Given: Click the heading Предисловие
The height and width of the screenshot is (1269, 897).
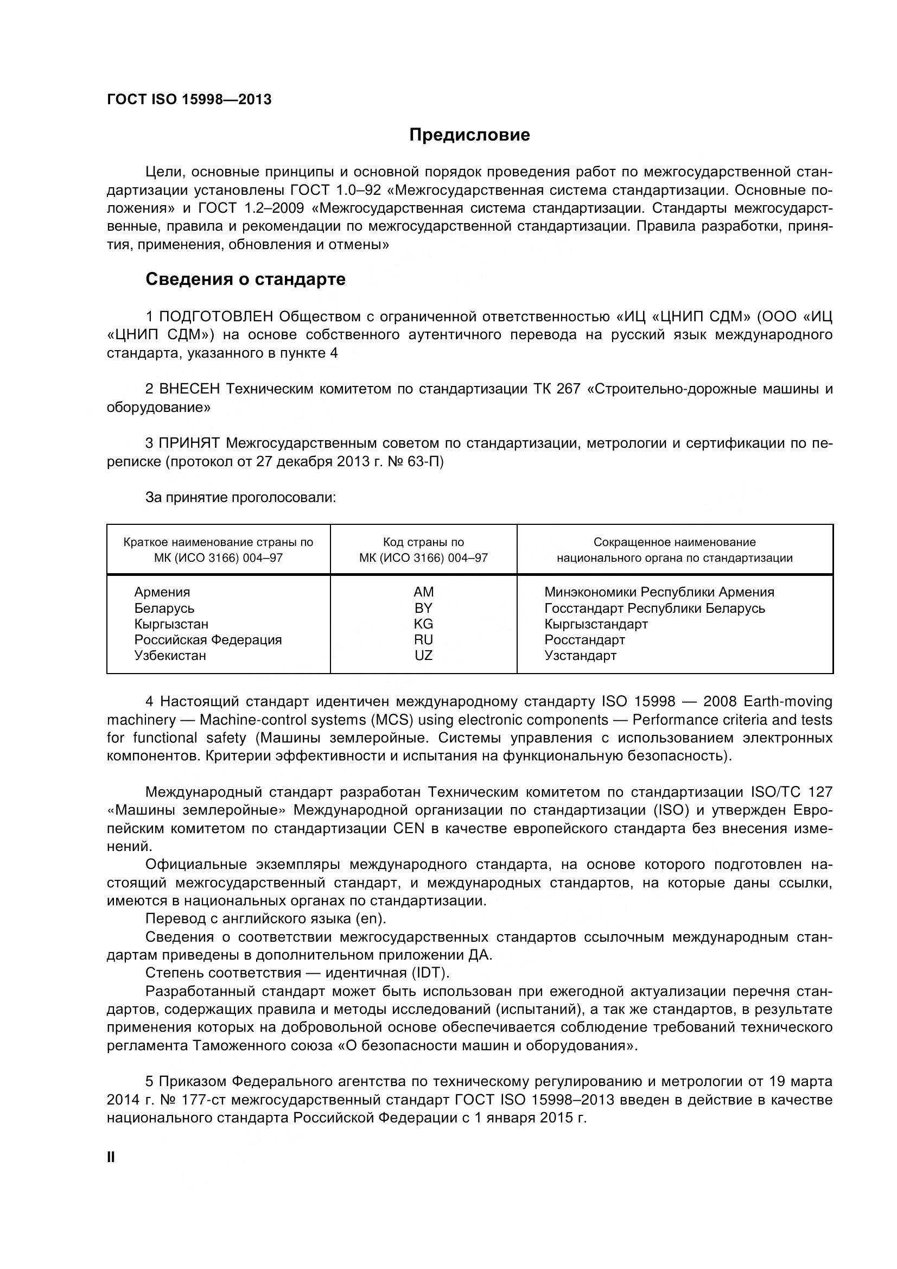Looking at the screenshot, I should (469, 135).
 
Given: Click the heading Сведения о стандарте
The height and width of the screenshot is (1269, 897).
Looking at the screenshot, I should (245, 279).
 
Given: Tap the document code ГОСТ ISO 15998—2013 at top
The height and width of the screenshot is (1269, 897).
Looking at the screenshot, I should (189, 99).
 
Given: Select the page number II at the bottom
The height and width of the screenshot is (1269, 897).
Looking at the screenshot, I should (111, 1157).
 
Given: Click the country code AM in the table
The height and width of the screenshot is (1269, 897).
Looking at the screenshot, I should (423, 592).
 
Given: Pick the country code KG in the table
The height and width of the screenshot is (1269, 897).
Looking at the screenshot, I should (423, 624).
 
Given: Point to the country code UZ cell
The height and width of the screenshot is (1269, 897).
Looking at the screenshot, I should (423, 656).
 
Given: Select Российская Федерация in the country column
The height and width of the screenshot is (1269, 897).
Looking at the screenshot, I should (208, 639).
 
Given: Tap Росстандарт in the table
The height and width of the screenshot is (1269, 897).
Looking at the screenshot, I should (584, 639).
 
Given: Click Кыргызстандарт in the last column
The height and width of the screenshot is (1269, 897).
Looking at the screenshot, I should (596, 624).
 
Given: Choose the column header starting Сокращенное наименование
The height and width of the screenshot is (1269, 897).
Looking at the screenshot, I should (675, 550).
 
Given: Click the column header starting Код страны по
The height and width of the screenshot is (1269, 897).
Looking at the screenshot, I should (423, 550).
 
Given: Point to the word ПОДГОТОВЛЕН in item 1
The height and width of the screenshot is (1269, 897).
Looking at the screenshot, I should (216, 316).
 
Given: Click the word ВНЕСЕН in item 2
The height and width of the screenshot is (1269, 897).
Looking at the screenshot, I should (189, 389).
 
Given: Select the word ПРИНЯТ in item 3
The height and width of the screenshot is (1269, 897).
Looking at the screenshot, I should (189, 443).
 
